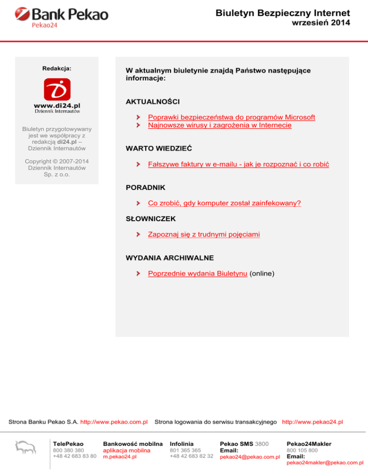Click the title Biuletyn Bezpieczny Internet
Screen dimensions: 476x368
click(283, 13)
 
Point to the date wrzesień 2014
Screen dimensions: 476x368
click(322, 23)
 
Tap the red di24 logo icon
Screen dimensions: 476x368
click(57, 90)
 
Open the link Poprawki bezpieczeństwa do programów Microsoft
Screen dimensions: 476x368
click(231, 117)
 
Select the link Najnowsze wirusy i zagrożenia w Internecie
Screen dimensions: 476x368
click(220, 125)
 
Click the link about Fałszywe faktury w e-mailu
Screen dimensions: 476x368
click(238, 164)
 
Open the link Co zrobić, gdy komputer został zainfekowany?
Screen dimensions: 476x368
click(224, 203)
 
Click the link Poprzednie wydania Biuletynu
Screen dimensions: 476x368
click(198, 273)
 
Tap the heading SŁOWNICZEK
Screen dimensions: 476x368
click(151, 218)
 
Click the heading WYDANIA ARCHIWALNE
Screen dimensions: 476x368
click(170, 258)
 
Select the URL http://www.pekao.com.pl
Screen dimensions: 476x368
click(114, 422)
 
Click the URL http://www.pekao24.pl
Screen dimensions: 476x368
click(312, 422)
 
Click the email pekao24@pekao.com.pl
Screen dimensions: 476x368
click(250, 457)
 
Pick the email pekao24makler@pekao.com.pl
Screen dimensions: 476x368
click(324, 463)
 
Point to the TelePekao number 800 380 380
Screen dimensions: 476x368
click(69, 450)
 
